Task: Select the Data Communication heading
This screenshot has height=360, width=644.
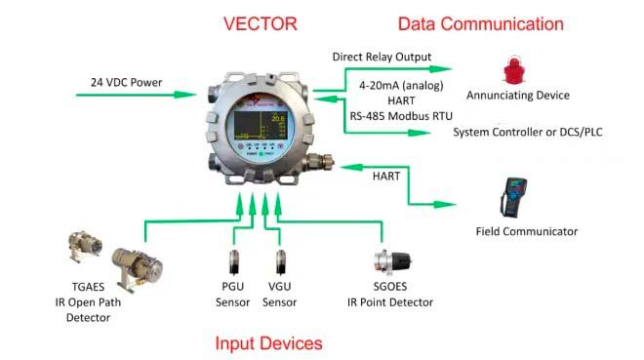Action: [480, 23]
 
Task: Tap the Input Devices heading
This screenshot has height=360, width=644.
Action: [268, 342]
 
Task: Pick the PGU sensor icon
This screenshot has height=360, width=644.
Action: [234, 260]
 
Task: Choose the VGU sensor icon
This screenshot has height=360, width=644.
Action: [281, 260]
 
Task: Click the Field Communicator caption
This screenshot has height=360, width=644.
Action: [527, 231]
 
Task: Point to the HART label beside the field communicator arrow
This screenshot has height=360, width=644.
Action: [386, 176]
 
